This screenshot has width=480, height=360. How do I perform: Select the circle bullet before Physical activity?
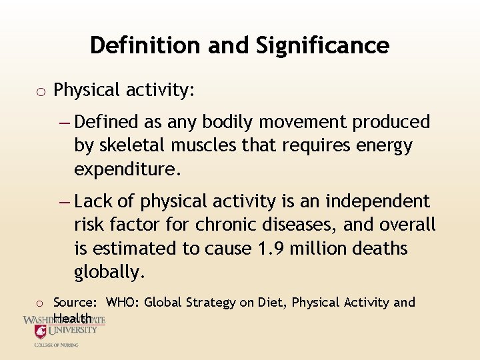(41, 91)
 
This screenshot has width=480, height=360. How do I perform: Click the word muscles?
(204, 146)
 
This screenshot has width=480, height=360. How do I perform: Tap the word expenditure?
(127, 170)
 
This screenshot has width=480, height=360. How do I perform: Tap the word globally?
(109, 272)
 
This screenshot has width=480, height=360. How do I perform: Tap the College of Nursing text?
(57, 345)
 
